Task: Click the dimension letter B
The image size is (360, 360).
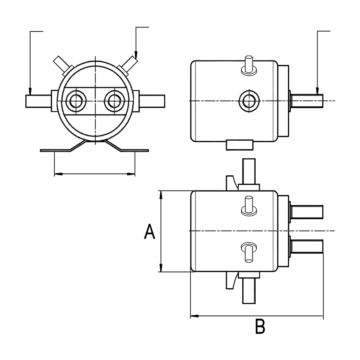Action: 260,327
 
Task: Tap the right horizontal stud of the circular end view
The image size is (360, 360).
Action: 152,101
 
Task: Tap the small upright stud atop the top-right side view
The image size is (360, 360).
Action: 249,65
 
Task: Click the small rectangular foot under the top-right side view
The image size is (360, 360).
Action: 239,144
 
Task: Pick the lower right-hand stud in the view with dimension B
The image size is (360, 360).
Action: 306,246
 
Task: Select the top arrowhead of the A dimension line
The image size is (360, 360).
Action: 161,194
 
